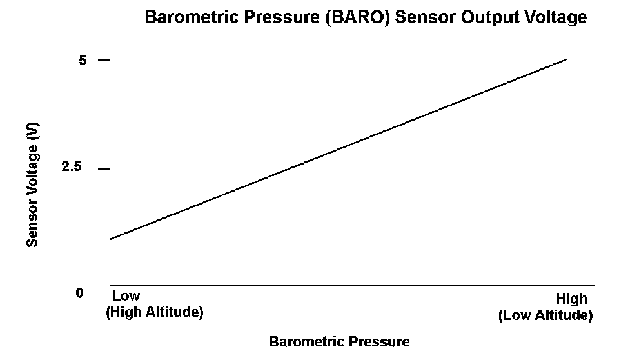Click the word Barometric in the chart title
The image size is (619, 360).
tap(192, 17)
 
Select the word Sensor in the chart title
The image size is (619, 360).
tap(426, 17)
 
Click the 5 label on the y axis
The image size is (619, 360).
tap(82, 61)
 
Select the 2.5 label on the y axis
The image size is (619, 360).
tap(71, 166)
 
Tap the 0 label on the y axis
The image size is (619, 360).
tap(80, 293)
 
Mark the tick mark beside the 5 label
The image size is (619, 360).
tap(104, 60)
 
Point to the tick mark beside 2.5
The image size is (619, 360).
tap(104, 169)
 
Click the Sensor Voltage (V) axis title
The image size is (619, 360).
tap(32, 185)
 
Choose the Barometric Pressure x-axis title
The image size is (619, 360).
tap(339, 341)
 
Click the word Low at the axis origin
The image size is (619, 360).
tap(126, 295)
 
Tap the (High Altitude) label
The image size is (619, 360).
tap(155, 312)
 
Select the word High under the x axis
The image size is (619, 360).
tap(572, 299)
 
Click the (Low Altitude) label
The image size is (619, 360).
tap(545, 315)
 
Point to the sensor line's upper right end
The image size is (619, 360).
tap(567, 59)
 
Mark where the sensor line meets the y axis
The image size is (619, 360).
tap(110, 239)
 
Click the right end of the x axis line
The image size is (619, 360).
tap(594, 285)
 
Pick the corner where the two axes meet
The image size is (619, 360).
tap(110, 285)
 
